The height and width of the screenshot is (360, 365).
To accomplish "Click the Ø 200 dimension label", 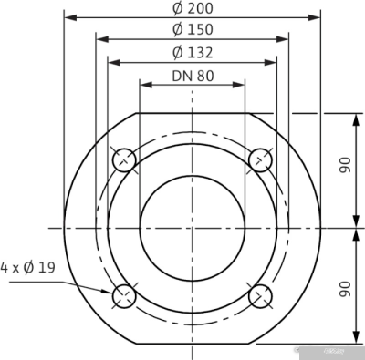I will click(x=193, y=8).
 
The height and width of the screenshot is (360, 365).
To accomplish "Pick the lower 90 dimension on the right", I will click(x=346, y=288).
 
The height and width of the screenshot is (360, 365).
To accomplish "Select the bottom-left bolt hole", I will click(x=124, y=295).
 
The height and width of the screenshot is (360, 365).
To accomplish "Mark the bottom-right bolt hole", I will click(x=261, y=295).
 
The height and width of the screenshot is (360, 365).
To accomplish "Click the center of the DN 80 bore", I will click(x=193, y=227).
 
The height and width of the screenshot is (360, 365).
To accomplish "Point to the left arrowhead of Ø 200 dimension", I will click(x=68, y=17).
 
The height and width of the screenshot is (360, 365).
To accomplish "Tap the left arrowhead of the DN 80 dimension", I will click(x=144, y=84).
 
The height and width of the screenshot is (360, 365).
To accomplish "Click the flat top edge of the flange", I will click(x=193, y=112).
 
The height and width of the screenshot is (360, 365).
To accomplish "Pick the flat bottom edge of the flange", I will click(x=193, y=343).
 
